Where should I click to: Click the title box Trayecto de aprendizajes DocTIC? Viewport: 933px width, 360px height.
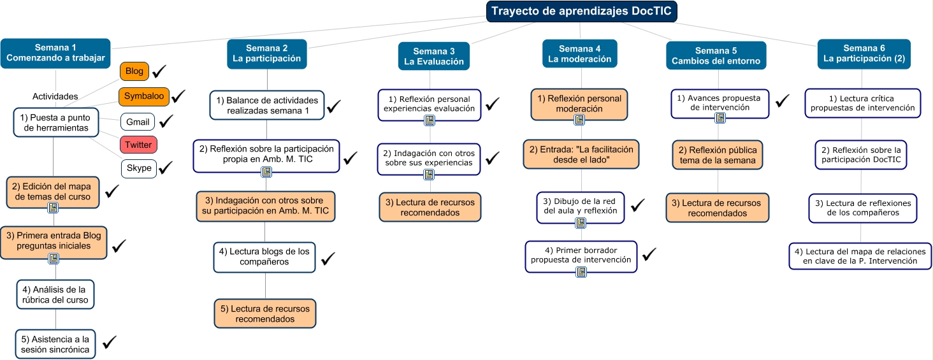[582, 11]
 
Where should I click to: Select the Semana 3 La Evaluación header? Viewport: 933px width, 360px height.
[433, 56]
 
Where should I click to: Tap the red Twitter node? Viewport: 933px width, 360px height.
[138, 145]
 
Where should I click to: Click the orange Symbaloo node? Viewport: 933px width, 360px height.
[144, 96]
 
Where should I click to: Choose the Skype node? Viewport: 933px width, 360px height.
[139, 168]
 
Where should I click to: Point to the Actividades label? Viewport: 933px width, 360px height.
[55, 97]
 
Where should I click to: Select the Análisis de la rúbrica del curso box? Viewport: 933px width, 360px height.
[55, 294]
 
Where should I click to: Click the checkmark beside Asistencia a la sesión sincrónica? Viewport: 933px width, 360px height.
[110, 342]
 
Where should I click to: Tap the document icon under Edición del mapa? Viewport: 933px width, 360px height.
[53, 207]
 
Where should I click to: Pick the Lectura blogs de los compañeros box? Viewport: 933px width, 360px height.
[264, 256]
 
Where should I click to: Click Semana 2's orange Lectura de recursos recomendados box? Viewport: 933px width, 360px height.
[264, 313]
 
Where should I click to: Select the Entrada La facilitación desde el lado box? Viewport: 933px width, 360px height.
[581, 154]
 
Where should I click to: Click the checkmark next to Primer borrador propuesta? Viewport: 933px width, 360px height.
[649, 254]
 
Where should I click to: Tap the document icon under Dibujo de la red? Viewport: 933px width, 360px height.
[581, 222]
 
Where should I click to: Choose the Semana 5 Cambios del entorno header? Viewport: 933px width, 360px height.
[716, 56]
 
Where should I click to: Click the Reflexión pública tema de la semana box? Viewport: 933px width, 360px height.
[717, 155]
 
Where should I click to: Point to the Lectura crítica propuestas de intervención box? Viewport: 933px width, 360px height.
[862, 103]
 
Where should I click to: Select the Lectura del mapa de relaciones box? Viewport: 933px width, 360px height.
[860, 256]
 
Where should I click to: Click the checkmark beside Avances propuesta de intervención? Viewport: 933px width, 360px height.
[782, 100]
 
